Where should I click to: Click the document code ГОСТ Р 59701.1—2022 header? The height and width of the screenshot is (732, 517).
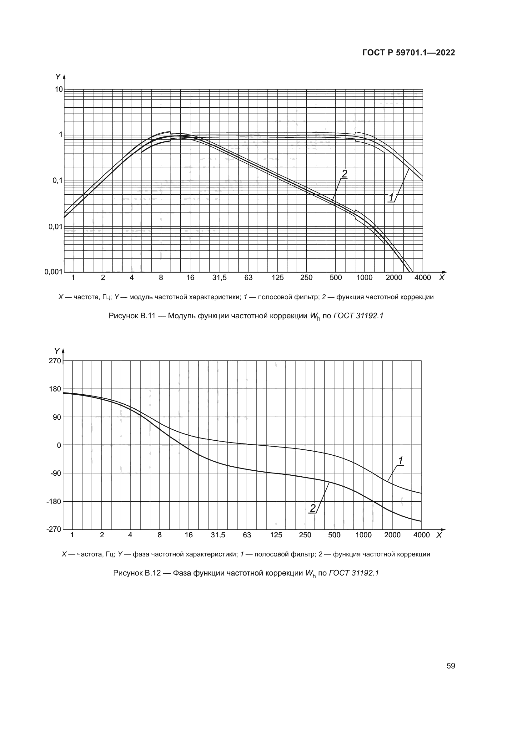point(409,53)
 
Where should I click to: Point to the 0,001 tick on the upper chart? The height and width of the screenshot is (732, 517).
point(53,272)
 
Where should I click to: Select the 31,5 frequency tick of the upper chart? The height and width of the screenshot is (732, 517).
point(219,278)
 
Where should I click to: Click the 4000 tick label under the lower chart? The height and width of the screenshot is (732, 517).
point(421,535)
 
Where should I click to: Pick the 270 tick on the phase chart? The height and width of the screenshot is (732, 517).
point(55,361)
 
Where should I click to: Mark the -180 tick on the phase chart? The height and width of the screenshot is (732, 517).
point(53,501)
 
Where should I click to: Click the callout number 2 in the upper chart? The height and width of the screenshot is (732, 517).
point(344,174)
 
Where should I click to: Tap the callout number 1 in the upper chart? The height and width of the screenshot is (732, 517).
point(391,197)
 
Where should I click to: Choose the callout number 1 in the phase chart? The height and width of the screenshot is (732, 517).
point(400,461)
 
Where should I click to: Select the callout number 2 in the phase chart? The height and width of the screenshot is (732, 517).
point(313,508)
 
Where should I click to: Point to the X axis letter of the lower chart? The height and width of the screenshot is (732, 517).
point(439,535)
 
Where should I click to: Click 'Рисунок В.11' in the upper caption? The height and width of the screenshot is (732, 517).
point(132,316)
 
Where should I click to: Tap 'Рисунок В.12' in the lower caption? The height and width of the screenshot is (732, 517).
point(136,573)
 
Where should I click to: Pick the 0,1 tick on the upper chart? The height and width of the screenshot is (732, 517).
point(57,181)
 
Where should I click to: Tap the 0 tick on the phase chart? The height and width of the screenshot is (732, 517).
point(59,445)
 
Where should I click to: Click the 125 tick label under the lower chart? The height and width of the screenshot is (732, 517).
point(276,535)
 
